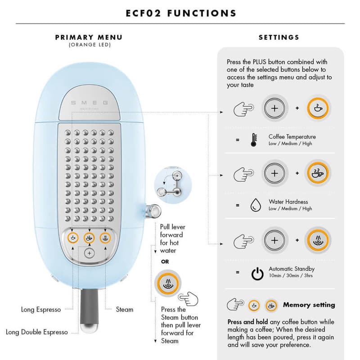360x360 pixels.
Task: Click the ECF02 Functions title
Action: click(181, 13)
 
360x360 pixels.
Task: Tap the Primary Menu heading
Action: click(89, 37)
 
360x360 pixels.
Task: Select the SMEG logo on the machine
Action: click(89, 103)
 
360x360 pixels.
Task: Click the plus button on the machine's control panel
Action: click(89, 253)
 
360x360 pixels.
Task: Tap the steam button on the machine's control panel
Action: click(105, 238)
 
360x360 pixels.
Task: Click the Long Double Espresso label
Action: click(37, 332)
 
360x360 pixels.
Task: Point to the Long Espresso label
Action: click(41, 310)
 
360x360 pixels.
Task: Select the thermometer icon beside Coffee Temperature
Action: click(254, 140)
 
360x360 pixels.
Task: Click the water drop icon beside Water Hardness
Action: click(256, 205)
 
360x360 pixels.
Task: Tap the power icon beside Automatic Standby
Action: click(257, 273)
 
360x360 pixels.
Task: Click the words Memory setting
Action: click(309, 305)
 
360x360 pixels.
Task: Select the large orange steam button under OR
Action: click(168, 283)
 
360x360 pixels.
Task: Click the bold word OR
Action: click(165, 262)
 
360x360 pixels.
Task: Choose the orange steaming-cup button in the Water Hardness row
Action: click(318, 173)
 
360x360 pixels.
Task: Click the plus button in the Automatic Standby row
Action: click(274, 240)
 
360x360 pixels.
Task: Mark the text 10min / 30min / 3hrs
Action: click(291, 275)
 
